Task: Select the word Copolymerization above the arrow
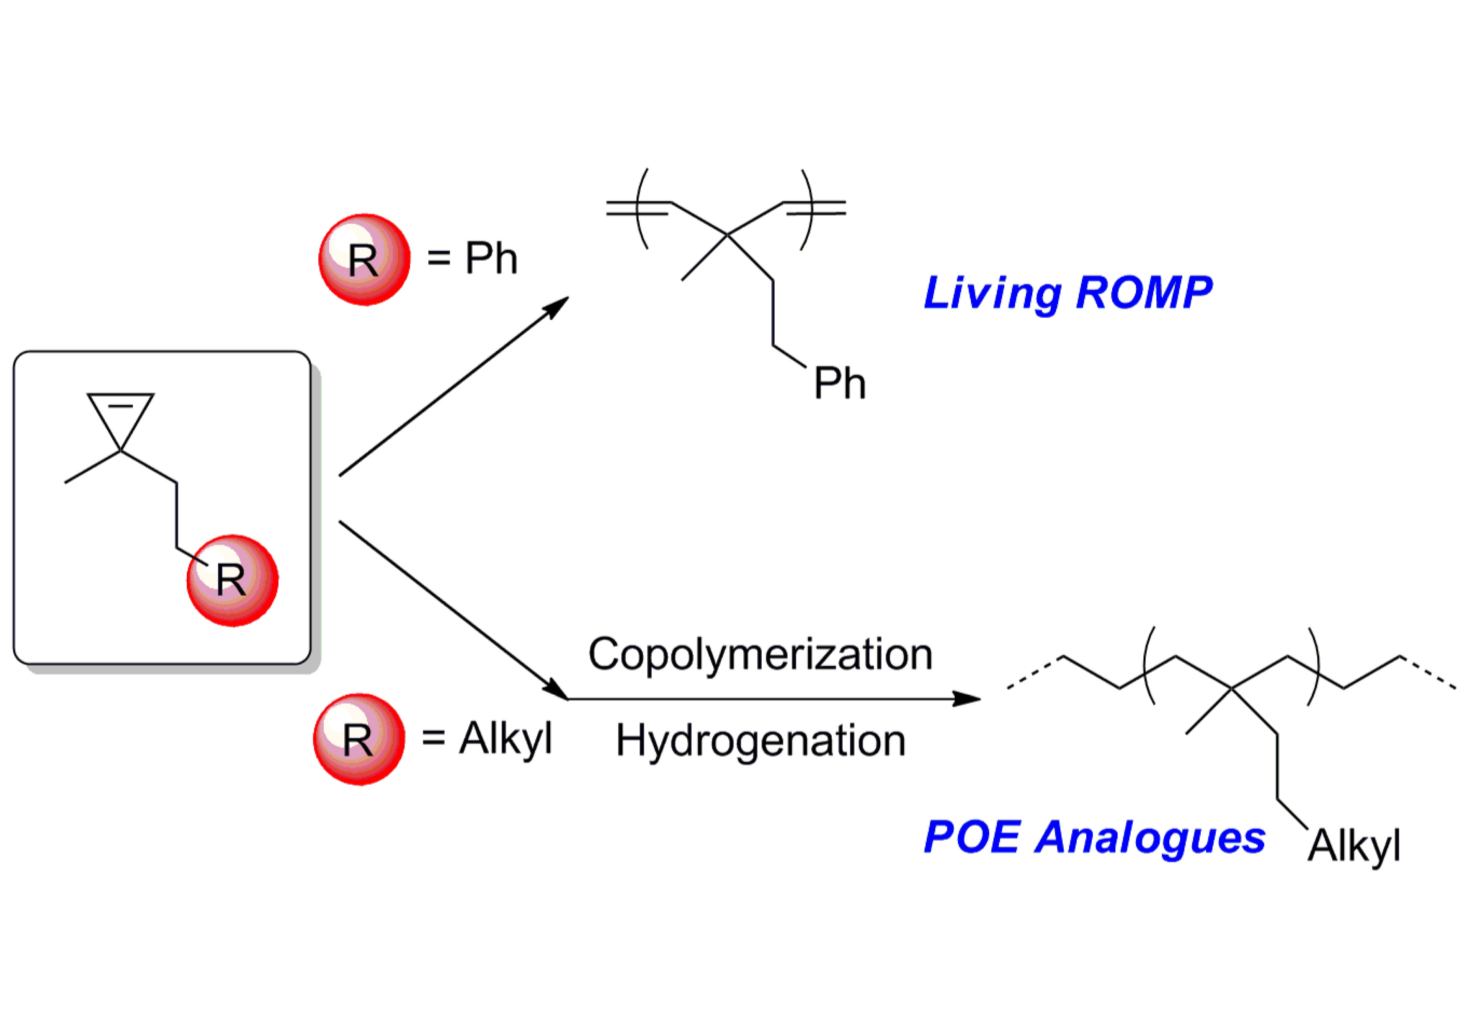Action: point(760,654)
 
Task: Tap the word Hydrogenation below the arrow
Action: point(760,742)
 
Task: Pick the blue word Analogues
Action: point(1149,838)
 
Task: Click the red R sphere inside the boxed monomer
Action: point(232,580)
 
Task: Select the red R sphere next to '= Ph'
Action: point(364,259)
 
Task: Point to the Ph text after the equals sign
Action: point(490,258)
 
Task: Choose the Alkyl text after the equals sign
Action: point(505,739)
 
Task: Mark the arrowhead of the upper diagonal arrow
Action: point(557,306)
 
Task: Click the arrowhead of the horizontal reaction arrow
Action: point(967,699)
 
